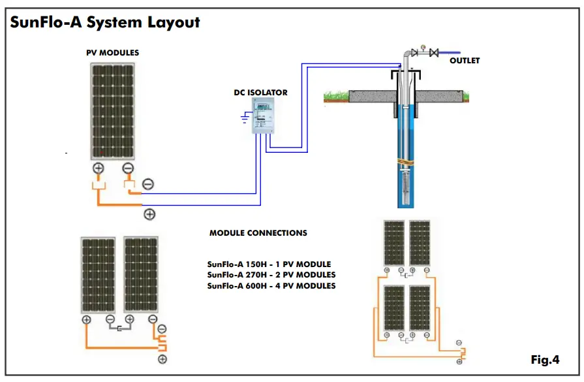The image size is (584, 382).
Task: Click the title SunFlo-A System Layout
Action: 104,22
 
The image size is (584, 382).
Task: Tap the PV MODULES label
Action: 112,53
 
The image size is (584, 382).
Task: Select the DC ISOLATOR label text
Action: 260,93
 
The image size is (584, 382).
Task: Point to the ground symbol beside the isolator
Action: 245,118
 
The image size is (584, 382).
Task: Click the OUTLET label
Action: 464,61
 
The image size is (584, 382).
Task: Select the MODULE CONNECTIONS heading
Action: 258,233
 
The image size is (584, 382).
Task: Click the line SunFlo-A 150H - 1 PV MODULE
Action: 269,264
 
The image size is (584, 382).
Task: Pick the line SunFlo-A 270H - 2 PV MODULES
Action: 271,275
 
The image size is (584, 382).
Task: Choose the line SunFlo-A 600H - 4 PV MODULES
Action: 271,286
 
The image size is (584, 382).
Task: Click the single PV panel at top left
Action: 113,111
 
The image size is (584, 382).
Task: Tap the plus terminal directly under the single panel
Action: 99,168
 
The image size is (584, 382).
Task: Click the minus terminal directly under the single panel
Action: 127,168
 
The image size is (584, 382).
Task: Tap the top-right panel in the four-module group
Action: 418,242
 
